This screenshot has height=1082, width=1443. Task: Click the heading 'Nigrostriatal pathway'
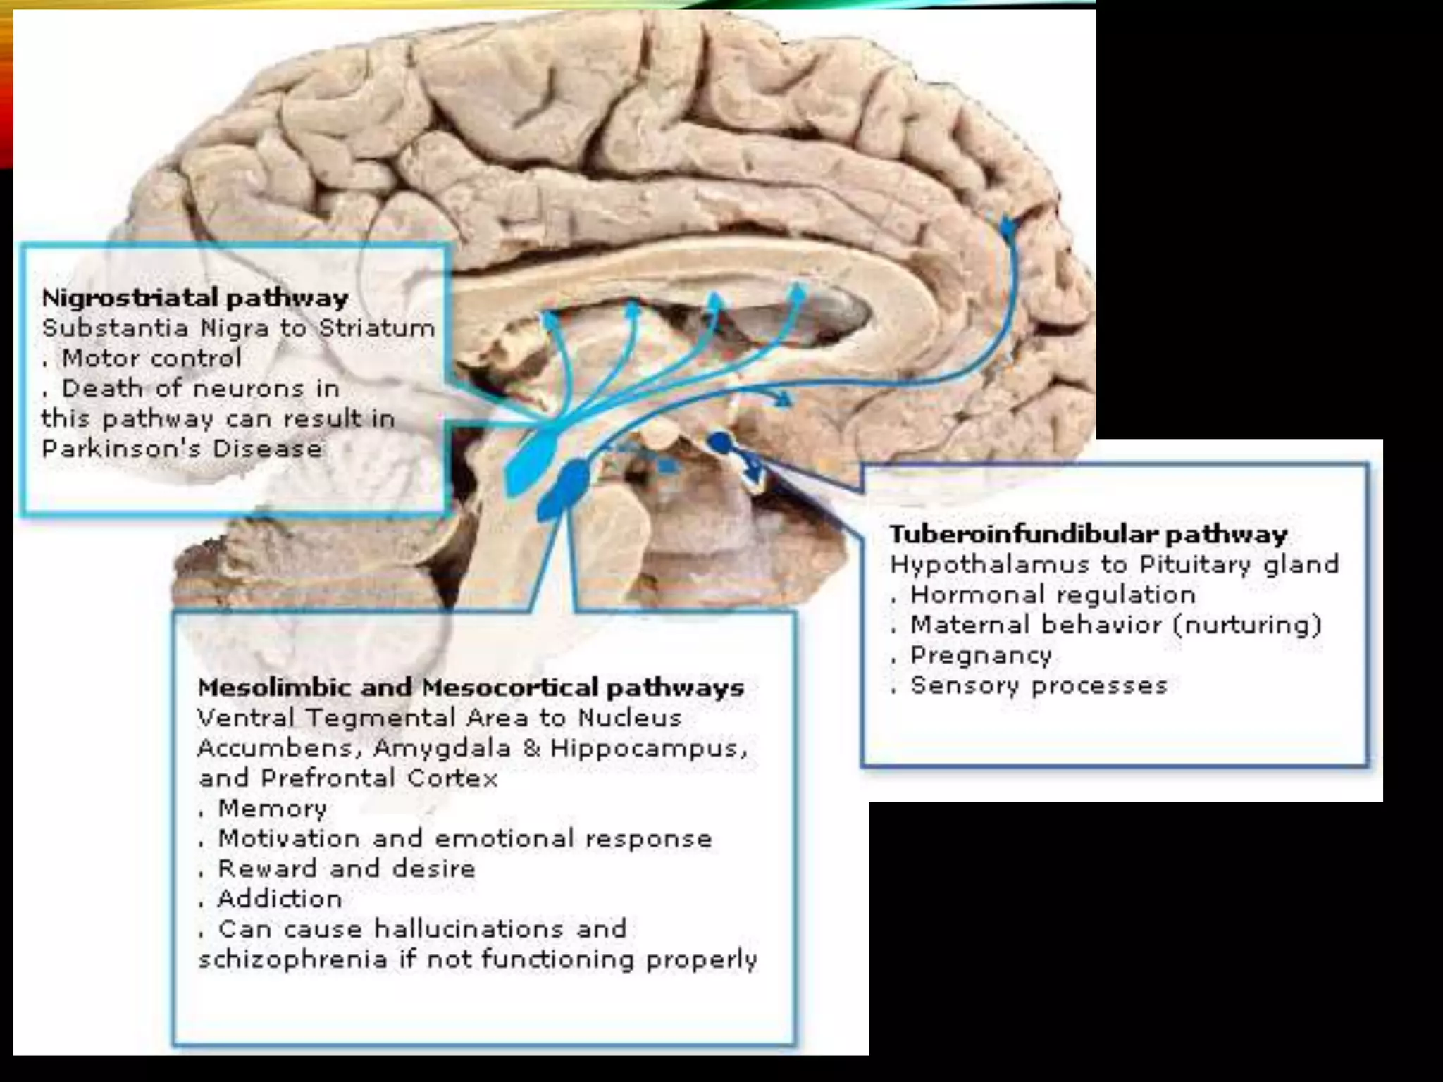(x=195, y=298)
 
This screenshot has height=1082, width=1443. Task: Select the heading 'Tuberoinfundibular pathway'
(x=1088, y=534)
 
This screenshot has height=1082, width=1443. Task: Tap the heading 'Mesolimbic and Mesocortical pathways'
(x=471, y=688)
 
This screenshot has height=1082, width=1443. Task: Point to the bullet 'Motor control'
(x=151, y=359)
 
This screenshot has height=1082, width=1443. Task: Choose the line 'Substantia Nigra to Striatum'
(x=238, y=328)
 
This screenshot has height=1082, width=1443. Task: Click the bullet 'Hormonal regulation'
(x=1053, y=595)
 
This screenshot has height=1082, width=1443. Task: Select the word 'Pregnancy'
(x=981, y=656)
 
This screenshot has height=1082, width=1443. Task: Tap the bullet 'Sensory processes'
(x=1039, y=685)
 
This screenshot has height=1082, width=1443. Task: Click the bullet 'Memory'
(x=272, y=809)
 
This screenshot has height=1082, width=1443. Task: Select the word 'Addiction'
(x=280, y=899)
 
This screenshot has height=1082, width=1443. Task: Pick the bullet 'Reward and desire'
(x=347, y=869)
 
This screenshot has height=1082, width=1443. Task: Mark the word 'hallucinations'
(x=469, y=929)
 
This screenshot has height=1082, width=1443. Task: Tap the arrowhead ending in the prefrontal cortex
(x=1008, y=227)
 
